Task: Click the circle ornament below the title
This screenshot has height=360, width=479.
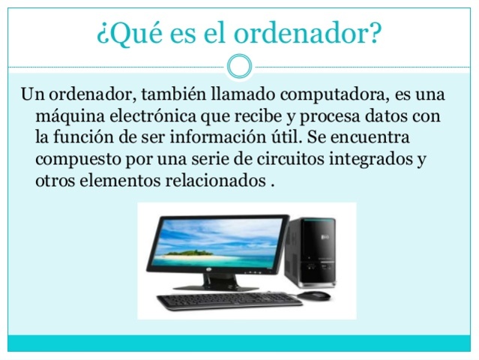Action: point(238,66)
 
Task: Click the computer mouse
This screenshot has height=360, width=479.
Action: point(313,295)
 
